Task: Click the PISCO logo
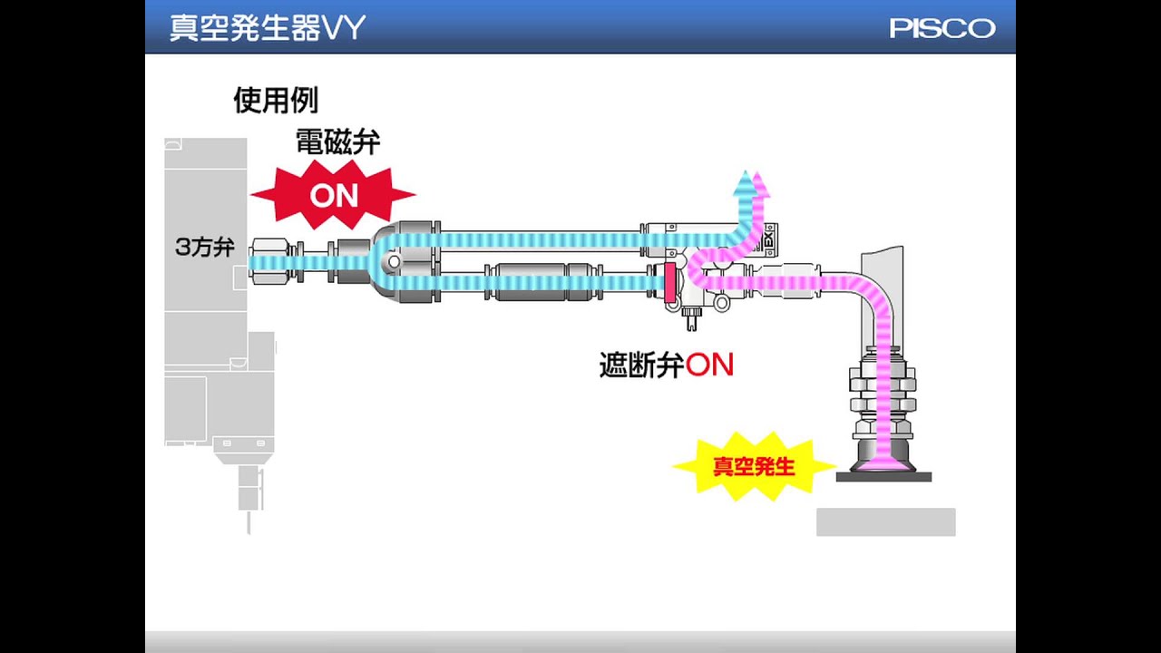pyautogui.click(x=941, y=28)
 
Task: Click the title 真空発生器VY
pyautogui.click(x=267, y=28)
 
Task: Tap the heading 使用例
pyautogui.click(x=275, y=100)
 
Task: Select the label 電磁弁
pyautogui.click(x=337, y=141)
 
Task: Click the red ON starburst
pyautogui.click(x=333, y=194)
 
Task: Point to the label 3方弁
pyautogui.click(x=204, y=247)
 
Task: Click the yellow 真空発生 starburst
pyautogui.click(x=753, y=467)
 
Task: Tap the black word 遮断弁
pyautogui.click(x=640, y=365)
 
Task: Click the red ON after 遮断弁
pyautogui.click(x=709, y=365)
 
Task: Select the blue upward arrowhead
pyautogui.click(x=745, y=181)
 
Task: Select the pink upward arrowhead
pyautogui.click(x=761, y=185)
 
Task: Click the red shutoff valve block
pyautogui.click(x=670, y=283)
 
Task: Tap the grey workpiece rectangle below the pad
pyautogui.click(x=885, y=521)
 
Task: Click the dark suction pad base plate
pyautogui.click(x=883, y=476)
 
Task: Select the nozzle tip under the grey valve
pyautogui.click(x=247, y=521)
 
